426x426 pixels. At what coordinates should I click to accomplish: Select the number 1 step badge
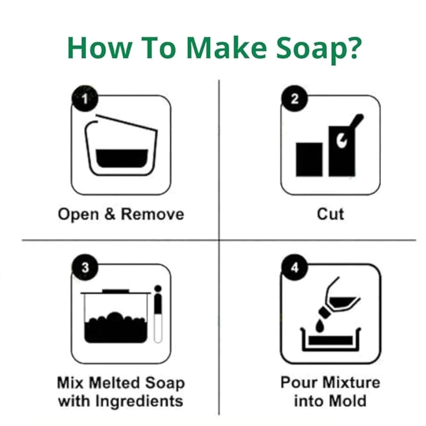[85, 99]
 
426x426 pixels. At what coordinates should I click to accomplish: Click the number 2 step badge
[295, 98]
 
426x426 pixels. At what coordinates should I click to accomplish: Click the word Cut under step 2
[330, 214]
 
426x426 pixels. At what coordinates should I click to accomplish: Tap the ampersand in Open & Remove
[110, 214]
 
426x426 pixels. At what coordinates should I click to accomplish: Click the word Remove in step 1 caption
[153, 214]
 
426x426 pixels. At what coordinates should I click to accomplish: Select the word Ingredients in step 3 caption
[139, 402]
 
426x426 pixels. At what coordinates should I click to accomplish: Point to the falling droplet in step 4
[319, 325]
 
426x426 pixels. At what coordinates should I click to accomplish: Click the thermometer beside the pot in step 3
[158, 314]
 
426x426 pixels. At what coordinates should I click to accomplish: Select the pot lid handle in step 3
[116, 291]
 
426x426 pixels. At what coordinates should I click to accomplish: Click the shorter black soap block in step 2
[309, 159]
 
